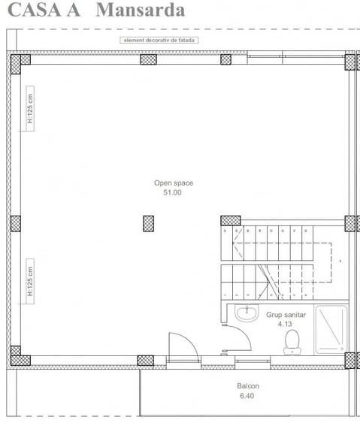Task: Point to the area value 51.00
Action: click(172, 192)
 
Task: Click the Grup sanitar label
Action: click(283, 316)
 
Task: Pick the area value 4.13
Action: click(283, 325)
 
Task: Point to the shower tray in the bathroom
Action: click(330, 328)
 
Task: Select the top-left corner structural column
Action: click(16, 62)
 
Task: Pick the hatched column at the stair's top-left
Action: click(230, 221)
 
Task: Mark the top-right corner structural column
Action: click(351, 62)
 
